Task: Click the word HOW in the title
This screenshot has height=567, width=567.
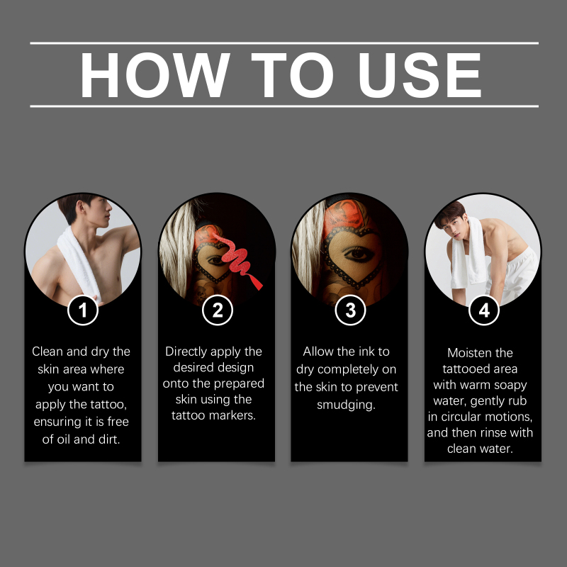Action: pyautogui.click(x=155, y=75)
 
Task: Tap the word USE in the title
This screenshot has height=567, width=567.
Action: pyautogui.click(x=420, y=75)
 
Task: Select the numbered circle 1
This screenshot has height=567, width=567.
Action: pyautogui.click(x=83, y=310)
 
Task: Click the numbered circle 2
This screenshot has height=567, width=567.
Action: pyautogui.click(x=218, y=310)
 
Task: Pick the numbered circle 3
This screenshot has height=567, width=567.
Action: pyautogui.click(x=350, y=310)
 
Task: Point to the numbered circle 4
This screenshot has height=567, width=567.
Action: pyautogui.click(x=484, y=310)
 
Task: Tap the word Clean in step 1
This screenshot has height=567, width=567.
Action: pyautogui.click(x=47, y=352)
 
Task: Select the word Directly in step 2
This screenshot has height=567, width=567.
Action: pyautogui.click(x=186, y=352)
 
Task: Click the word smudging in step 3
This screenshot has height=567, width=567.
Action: pyautogui.click(x=346, y=405)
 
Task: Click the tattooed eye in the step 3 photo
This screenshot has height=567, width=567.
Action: pyautogui.click(x=357, y=254)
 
